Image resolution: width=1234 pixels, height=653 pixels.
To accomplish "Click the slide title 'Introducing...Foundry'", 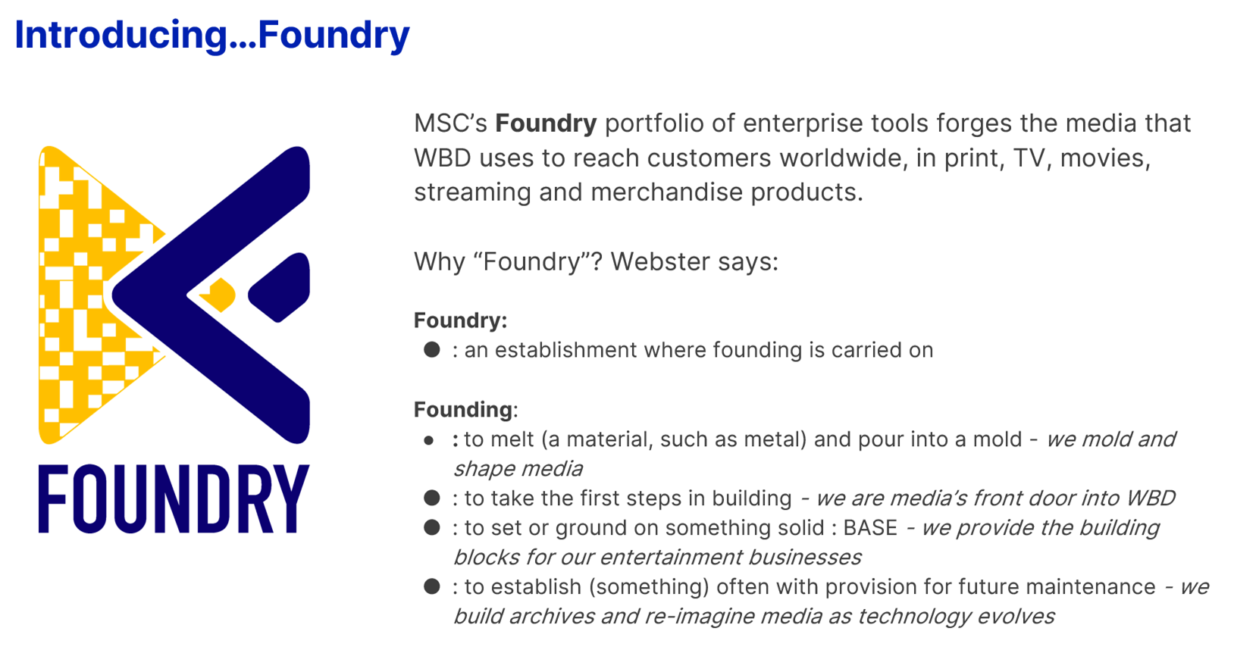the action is [212, 36].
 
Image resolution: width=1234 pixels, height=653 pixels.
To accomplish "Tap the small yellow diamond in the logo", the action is [218, 295].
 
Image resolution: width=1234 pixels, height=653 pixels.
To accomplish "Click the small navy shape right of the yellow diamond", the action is [279, 287].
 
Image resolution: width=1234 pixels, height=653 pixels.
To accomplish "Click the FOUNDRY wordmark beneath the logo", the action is [174, 498].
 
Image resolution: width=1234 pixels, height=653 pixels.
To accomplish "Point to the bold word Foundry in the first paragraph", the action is [546, 123].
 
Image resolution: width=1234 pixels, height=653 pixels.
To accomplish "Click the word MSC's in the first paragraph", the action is [450, 123].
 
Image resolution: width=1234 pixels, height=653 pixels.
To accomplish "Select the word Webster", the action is [659, 261].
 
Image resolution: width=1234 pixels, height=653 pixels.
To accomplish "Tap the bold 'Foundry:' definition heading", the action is [461, 320].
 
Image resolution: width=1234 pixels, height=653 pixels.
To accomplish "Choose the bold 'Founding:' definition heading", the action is [466, 410].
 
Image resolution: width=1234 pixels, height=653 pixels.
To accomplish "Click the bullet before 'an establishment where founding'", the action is [432, 350].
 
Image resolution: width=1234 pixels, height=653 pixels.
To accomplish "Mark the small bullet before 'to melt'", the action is [428, 440].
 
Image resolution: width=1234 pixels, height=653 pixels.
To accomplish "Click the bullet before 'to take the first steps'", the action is [432, 498].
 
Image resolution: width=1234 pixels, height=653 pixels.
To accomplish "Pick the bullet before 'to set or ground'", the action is [432, 527].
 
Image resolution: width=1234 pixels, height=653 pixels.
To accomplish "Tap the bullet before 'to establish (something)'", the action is [432, 586].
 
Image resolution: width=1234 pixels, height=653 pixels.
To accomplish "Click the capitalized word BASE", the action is [870, 528].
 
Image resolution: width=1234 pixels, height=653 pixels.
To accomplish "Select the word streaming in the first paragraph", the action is [472, 192].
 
